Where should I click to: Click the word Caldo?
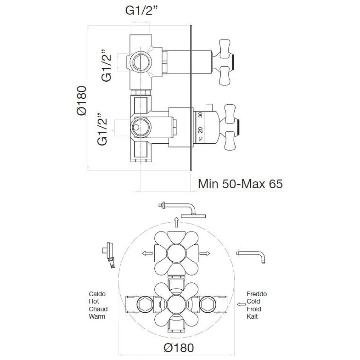click(x=97, y=294)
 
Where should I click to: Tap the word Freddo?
click(x=257, y=294)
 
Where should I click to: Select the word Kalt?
click(x=252, y=316)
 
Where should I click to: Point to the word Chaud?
click(x=98, y=309)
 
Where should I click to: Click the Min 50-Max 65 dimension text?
click(x=240, y=184)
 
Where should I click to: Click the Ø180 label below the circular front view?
click(x=179, y=348)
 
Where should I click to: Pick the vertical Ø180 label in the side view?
click(x=82, y=100)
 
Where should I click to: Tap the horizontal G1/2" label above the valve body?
click(x=141, y=11)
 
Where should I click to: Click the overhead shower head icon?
click(x=182, y=210)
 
